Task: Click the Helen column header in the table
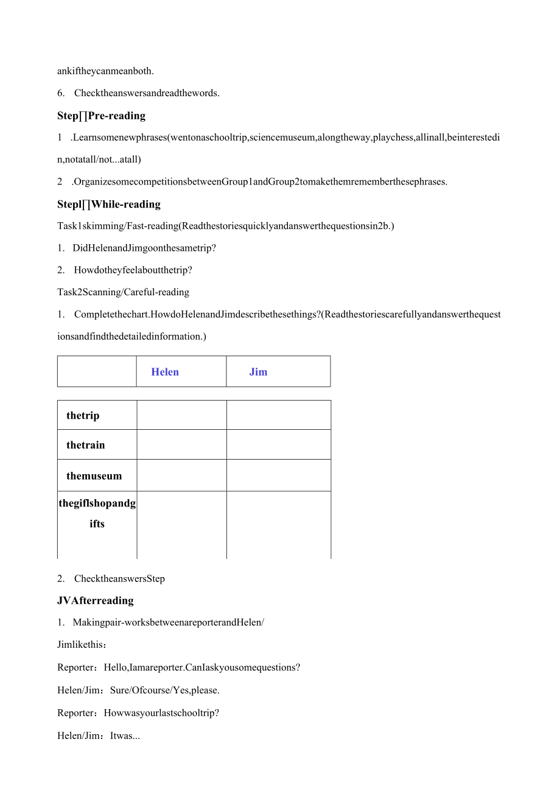(165, 372)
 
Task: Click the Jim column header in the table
(258, 372)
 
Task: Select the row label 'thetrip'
(83, 416)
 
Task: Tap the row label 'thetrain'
(86, 445)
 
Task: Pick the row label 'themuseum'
(94, 476)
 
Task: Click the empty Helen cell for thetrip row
(181, 415)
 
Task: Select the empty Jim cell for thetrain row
(278, 444)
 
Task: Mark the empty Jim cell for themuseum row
(278, 475)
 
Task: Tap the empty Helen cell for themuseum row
(181, 475)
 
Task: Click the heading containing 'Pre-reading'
(102, 116)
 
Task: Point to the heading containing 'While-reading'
(109, 204)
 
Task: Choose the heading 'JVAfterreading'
(96, 600)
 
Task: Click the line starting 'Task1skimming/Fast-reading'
(225, 226)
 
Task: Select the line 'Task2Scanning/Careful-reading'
(123, 292)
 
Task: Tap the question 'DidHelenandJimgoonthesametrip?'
(144, 248)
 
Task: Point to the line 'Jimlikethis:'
(82, 645)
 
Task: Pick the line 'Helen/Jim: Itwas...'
(99, 735)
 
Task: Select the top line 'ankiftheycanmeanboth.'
(105, 71)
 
